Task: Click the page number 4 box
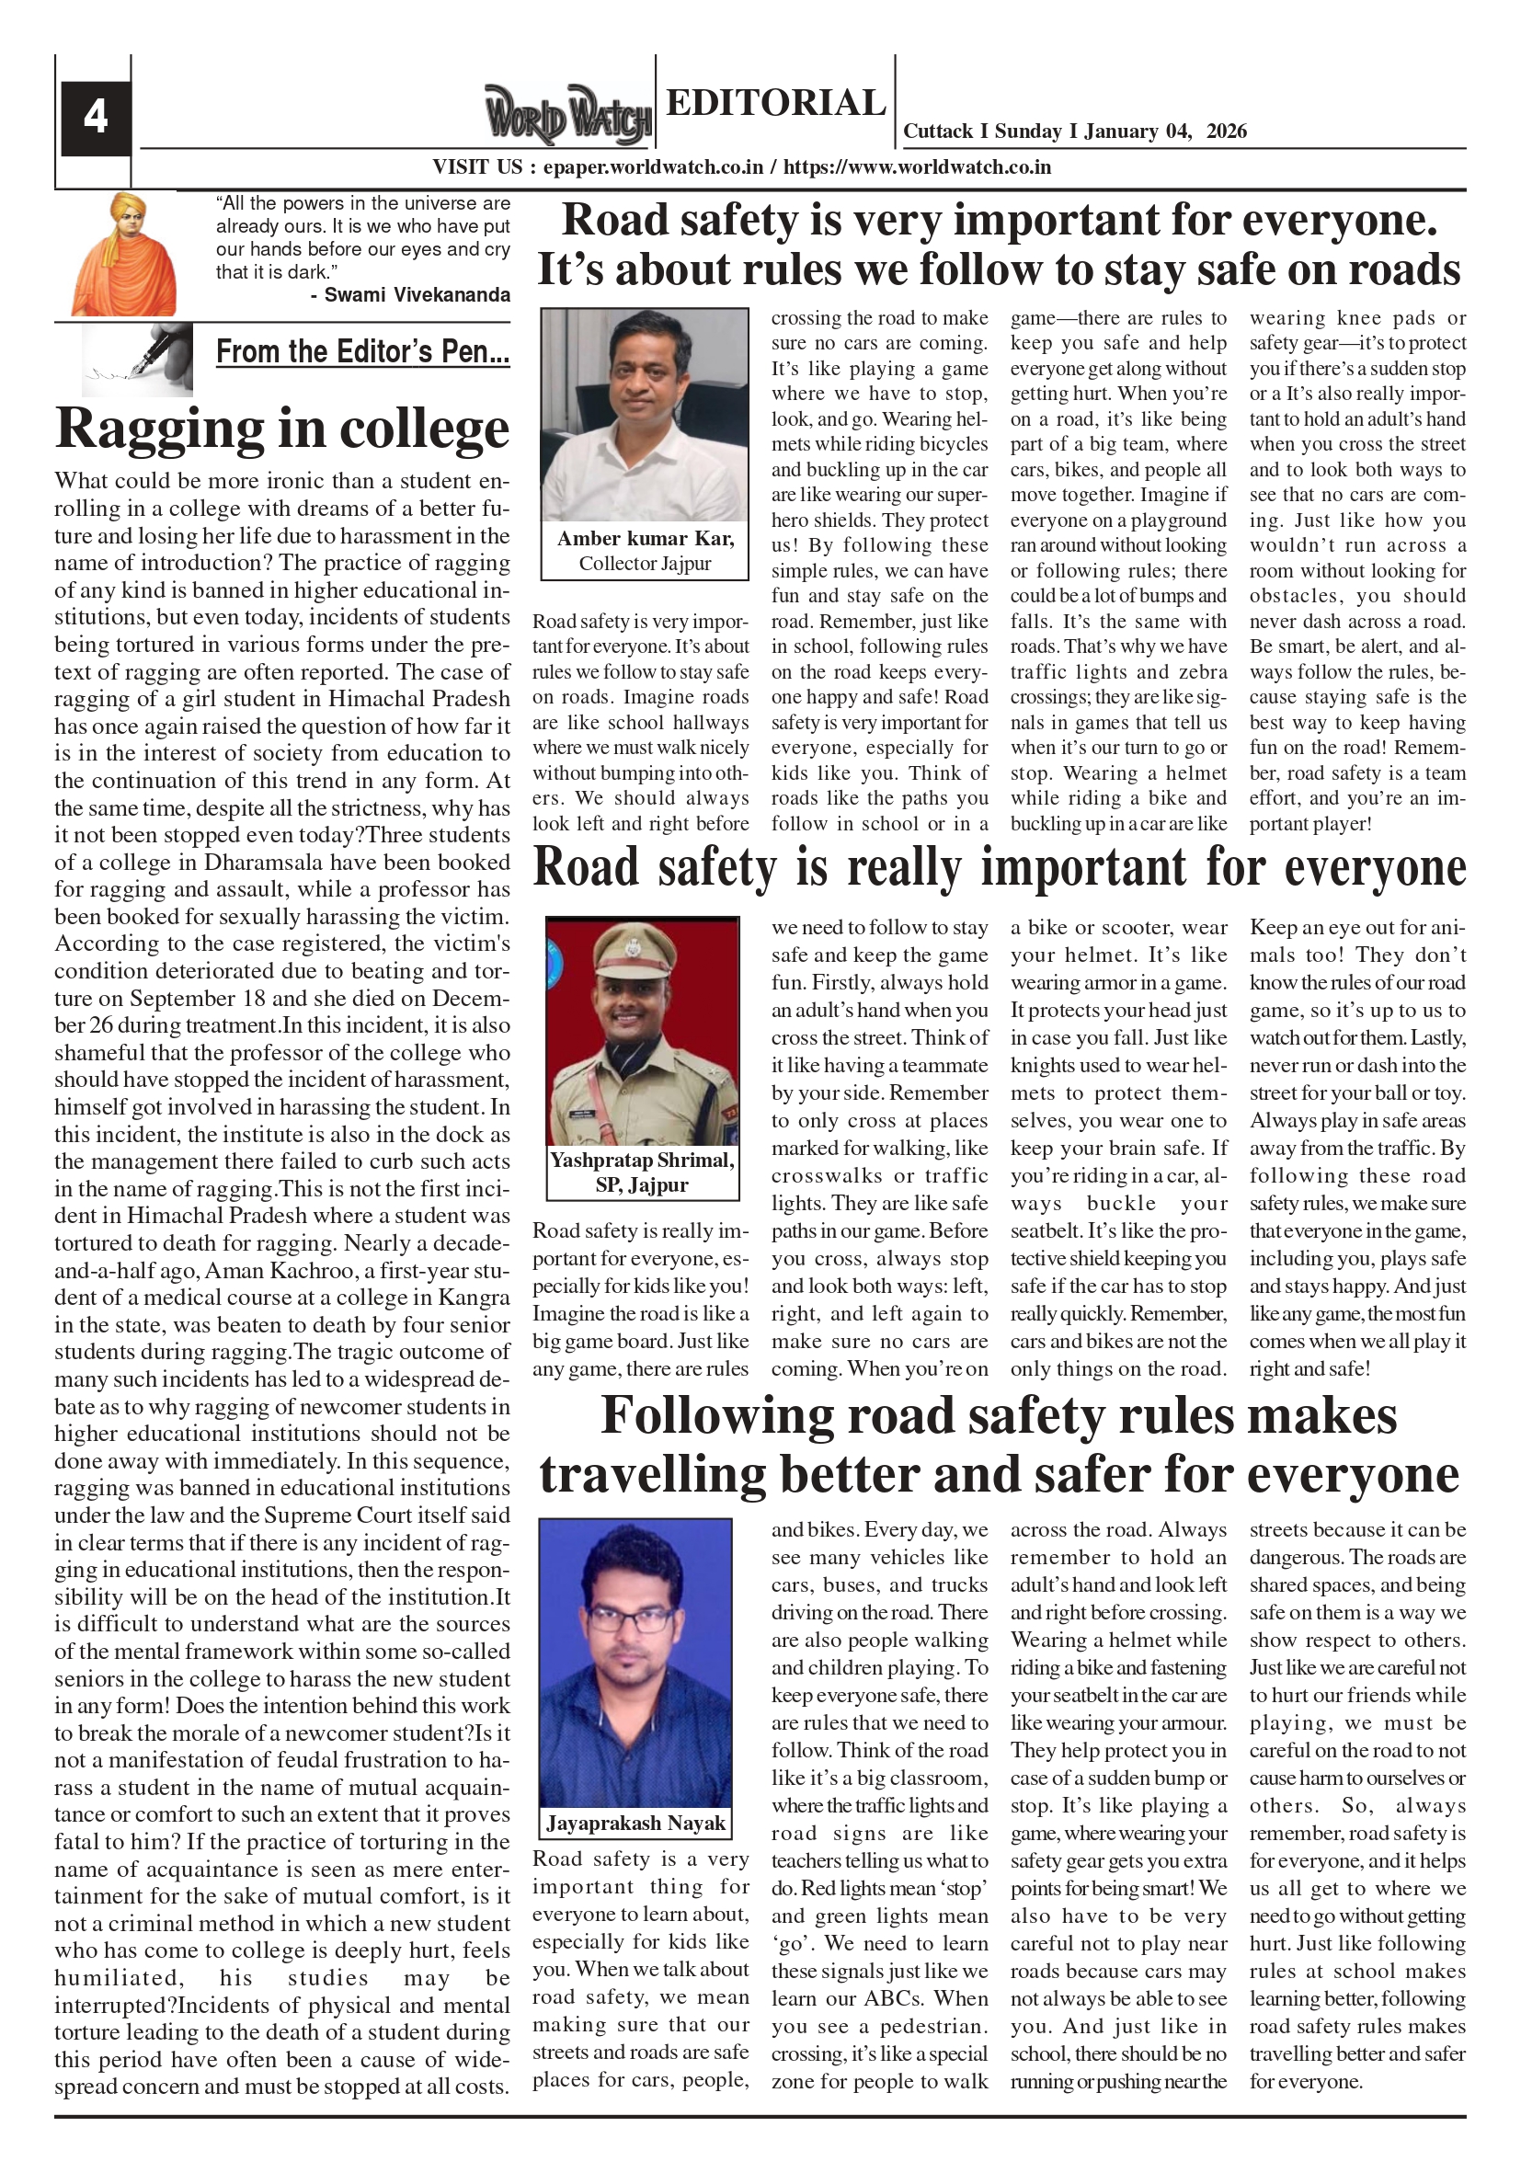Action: pos(96,119)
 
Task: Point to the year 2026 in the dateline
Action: pos(1226,132)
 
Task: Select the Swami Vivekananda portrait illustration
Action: pos(123,254)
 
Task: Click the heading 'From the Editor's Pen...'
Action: pos(362,352)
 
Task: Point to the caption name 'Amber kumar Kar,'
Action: pos(645,539)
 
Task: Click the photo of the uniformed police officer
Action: pos(643,1031)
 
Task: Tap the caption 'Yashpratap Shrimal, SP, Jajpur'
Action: pos(643,1172)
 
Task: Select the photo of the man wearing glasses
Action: pos(635,1663)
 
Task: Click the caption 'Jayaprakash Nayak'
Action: pos(635,1823)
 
